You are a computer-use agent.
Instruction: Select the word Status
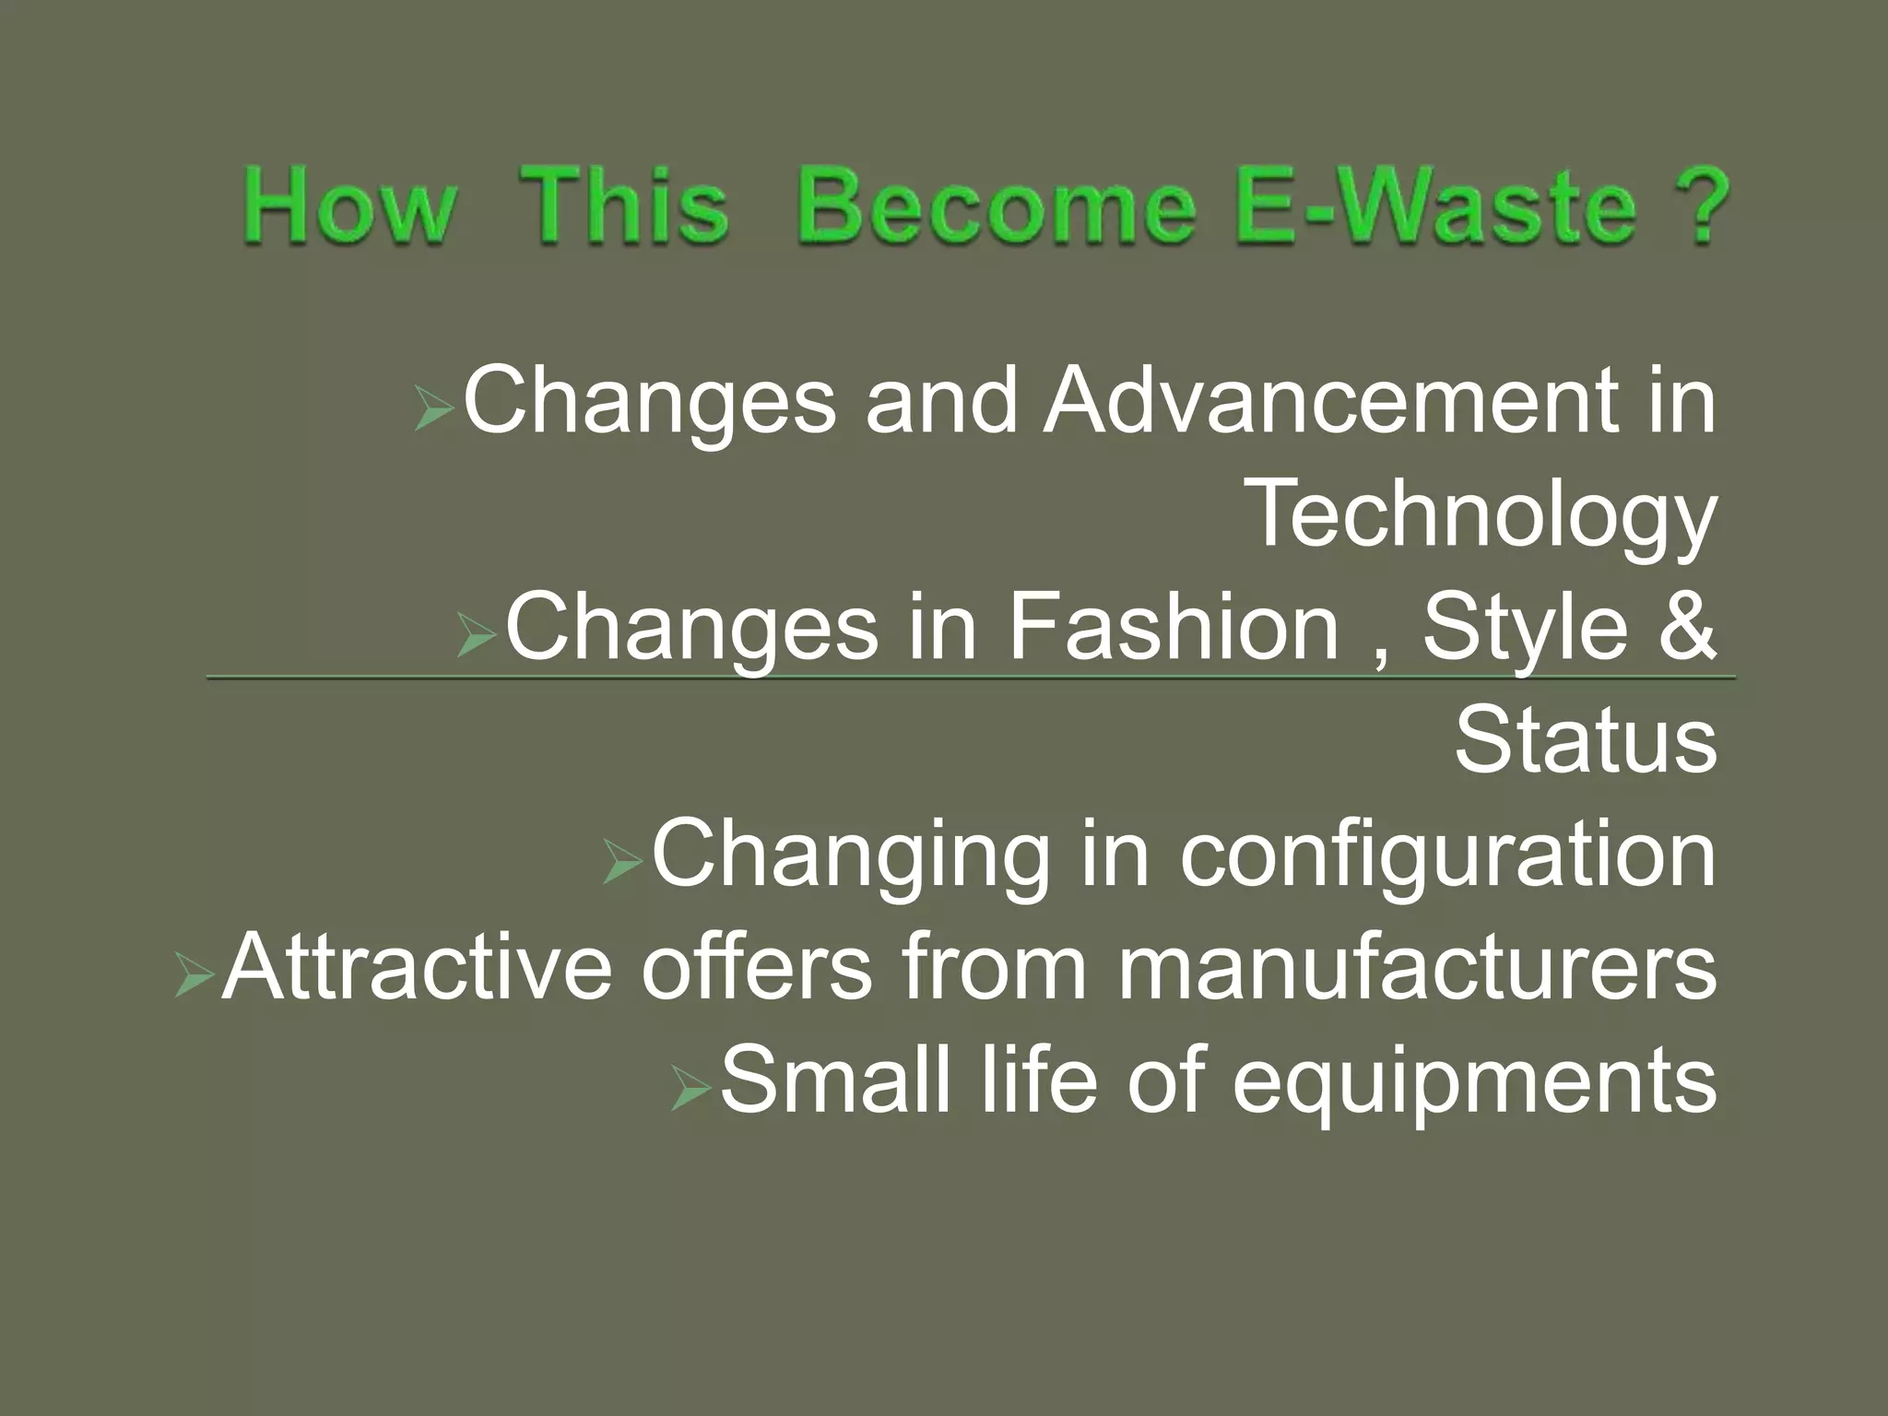[1586, 741]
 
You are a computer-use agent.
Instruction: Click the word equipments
[1475, 1084]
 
